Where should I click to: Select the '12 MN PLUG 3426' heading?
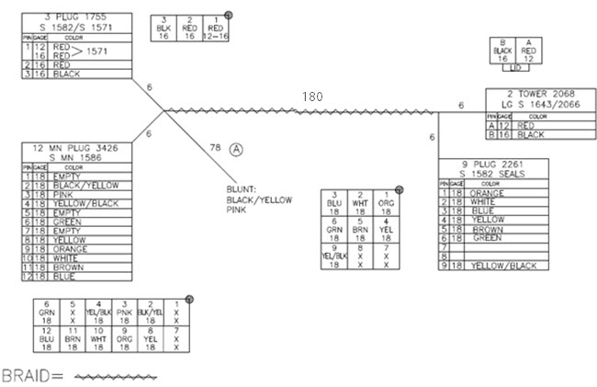coord(80,149)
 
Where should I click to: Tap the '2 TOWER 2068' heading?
coord(542,95)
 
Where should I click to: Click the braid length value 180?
coord(313,96)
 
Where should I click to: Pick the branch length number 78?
coord(216,148)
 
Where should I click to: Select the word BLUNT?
coord(241,189)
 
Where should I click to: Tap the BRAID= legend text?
coord(32,377)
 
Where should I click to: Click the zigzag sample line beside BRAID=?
coord(115,377)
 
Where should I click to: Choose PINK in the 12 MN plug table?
coord(64,196)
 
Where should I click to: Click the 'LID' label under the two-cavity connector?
coord(515,68)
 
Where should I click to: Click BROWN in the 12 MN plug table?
coord(66,267)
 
